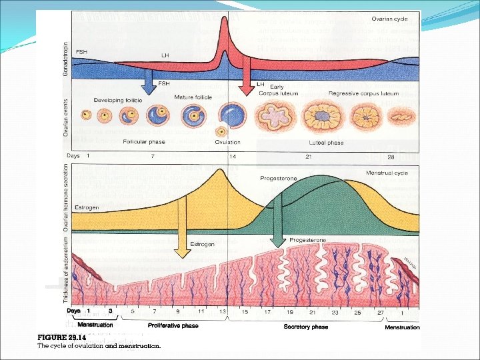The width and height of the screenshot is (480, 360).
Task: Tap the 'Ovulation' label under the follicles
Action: [x=228, y=142]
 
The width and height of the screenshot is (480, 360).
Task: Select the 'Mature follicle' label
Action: [x=193, y=97]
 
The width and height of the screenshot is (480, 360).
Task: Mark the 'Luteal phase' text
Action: [x=326, y=143]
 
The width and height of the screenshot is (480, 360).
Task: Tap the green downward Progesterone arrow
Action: [x=277, y=230]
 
